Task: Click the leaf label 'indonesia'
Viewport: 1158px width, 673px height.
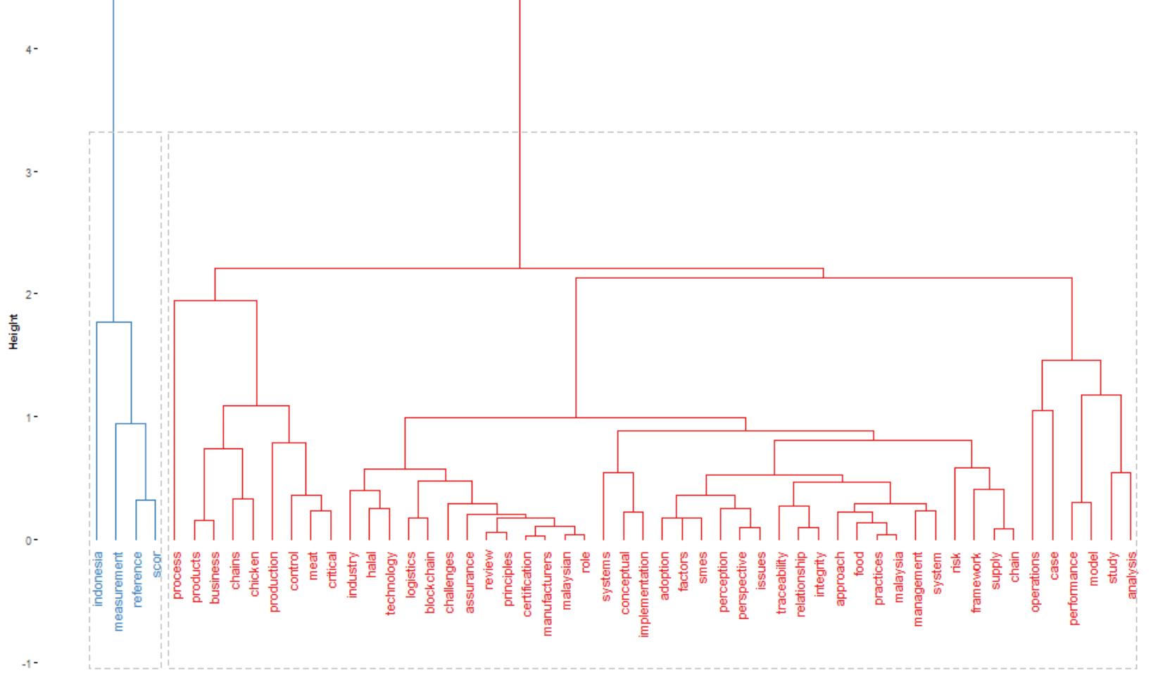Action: click(99, 578)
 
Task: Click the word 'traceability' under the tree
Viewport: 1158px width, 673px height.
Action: click(781, 583)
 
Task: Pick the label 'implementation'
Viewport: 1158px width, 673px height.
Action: click(644, 594)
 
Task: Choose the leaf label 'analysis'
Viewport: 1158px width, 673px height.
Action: click(1132, 575)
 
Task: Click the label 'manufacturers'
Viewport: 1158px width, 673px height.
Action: click(548, 593)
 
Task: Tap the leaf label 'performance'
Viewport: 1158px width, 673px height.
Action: click(1074, 588)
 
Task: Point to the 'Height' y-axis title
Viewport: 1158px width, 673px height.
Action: click(13, 332)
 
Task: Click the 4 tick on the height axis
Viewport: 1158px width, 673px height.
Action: click(30, 49)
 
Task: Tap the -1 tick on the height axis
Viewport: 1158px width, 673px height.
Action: click(28, 663)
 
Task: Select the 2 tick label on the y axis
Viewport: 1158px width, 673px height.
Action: click(30, 294)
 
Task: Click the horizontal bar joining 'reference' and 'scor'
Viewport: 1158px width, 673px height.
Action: click(146, 501)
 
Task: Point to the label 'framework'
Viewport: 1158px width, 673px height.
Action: click(976, 583)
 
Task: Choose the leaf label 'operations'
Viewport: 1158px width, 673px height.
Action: click(1035, 581)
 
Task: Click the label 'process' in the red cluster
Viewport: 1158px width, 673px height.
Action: click(177, 575)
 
